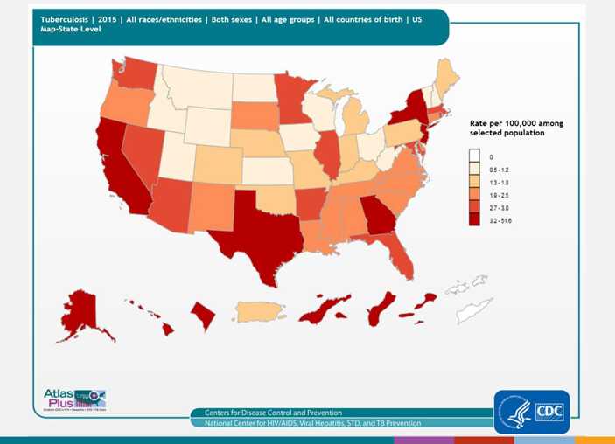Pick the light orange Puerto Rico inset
[259, 311]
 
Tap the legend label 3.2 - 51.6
[500, 221]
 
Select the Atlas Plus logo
[73, 399]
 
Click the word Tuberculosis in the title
[65, 18]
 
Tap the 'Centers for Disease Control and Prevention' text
[273, 413]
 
